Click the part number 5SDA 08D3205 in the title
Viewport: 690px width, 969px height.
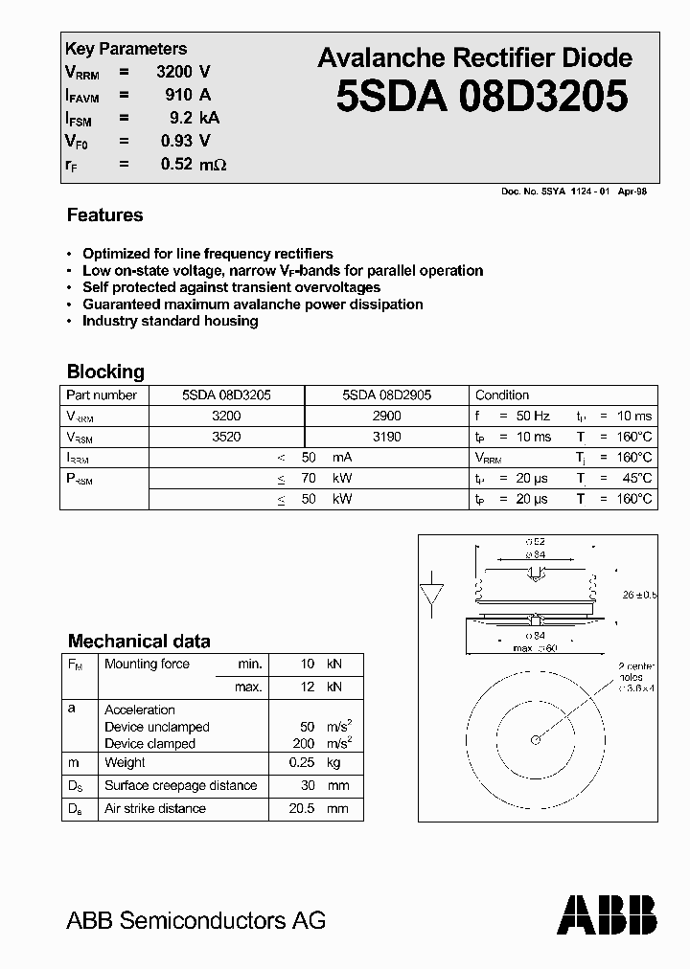coord(482,97)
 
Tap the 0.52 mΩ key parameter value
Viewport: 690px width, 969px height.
coord(193,164)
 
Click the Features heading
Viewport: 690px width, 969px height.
coord(104,215)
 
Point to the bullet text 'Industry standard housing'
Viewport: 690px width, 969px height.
coord(170,321)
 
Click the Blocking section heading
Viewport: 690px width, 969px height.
coord(105,372)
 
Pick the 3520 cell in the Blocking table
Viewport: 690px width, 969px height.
coord(226,437)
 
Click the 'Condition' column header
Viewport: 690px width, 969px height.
coord(502,394)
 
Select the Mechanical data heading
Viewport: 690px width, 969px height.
coord(139,641)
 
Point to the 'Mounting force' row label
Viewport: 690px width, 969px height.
coord(147,664)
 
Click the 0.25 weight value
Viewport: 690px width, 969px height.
coord(301,762)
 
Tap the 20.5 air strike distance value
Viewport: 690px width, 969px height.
coord(299,808)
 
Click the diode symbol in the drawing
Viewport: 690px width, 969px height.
coord(432,595)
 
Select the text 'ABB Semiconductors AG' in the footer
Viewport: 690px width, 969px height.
coord(195,920)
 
